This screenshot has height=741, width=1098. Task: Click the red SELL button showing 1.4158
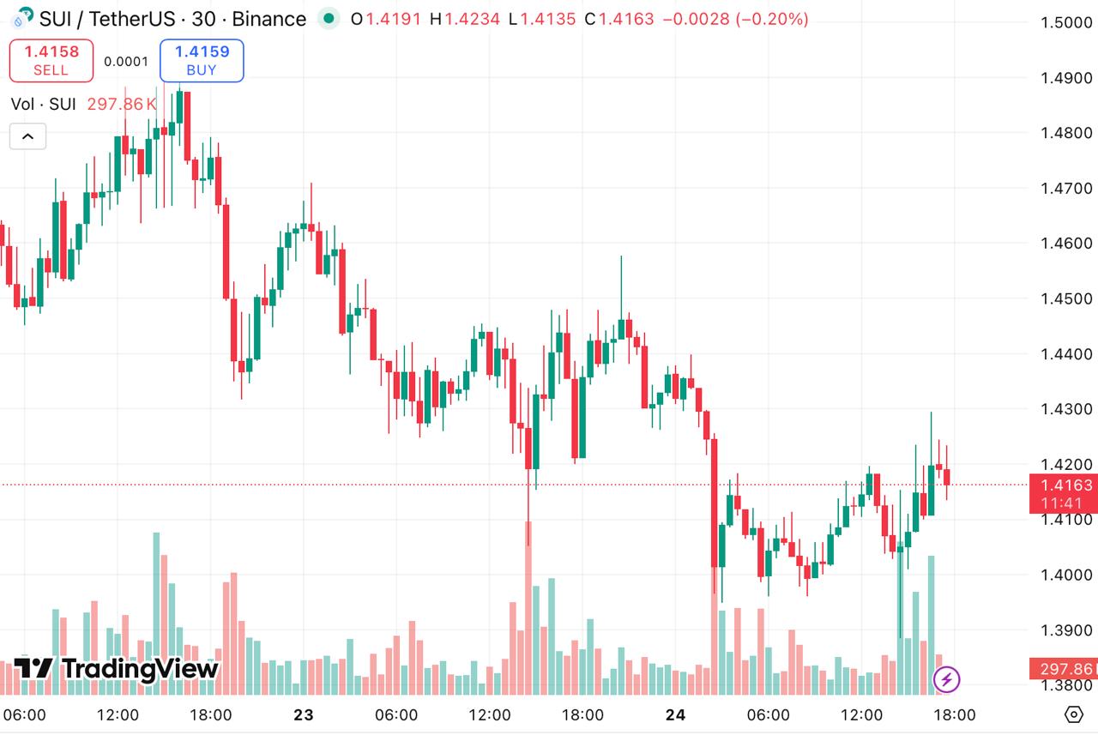click(51, 60)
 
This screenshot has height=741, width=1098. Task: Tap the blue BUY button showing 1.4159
click(202, 60)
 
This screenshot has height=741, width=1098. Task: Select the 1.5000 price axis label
click(1066, 22)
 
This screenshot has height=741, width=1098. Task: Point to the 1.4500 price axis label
click(1066, 298)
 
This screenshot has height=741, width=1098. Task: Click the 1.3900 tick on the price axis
click(1066, 630)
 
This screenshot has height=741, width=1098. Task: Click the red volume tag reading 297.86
click(1065, 669)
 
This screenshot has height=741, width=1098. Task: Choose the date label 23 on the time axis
click(304, 715)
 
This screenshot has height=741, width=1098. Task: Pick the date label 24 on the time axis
click(676, 715)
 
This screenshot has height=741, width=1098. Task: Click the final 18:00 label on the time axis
click(954, 715)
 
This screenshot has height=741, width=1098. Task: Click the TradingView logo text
click(117, 668)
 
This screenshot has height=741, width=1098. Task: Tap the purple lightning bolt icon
click(946, 680)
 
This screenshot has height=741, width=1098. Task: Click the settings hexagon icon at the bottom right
click(1074, 714)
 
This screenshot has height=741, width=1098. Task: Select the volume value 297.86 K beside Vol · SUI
click(122, 105)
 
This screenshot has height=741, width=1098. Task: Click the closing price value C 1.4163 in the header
click(621, 19)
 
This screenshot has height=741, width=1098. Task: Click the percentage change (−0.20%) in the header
click(771, 19)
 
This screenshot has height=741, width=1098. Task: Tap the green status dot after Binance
click(328, 19)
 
